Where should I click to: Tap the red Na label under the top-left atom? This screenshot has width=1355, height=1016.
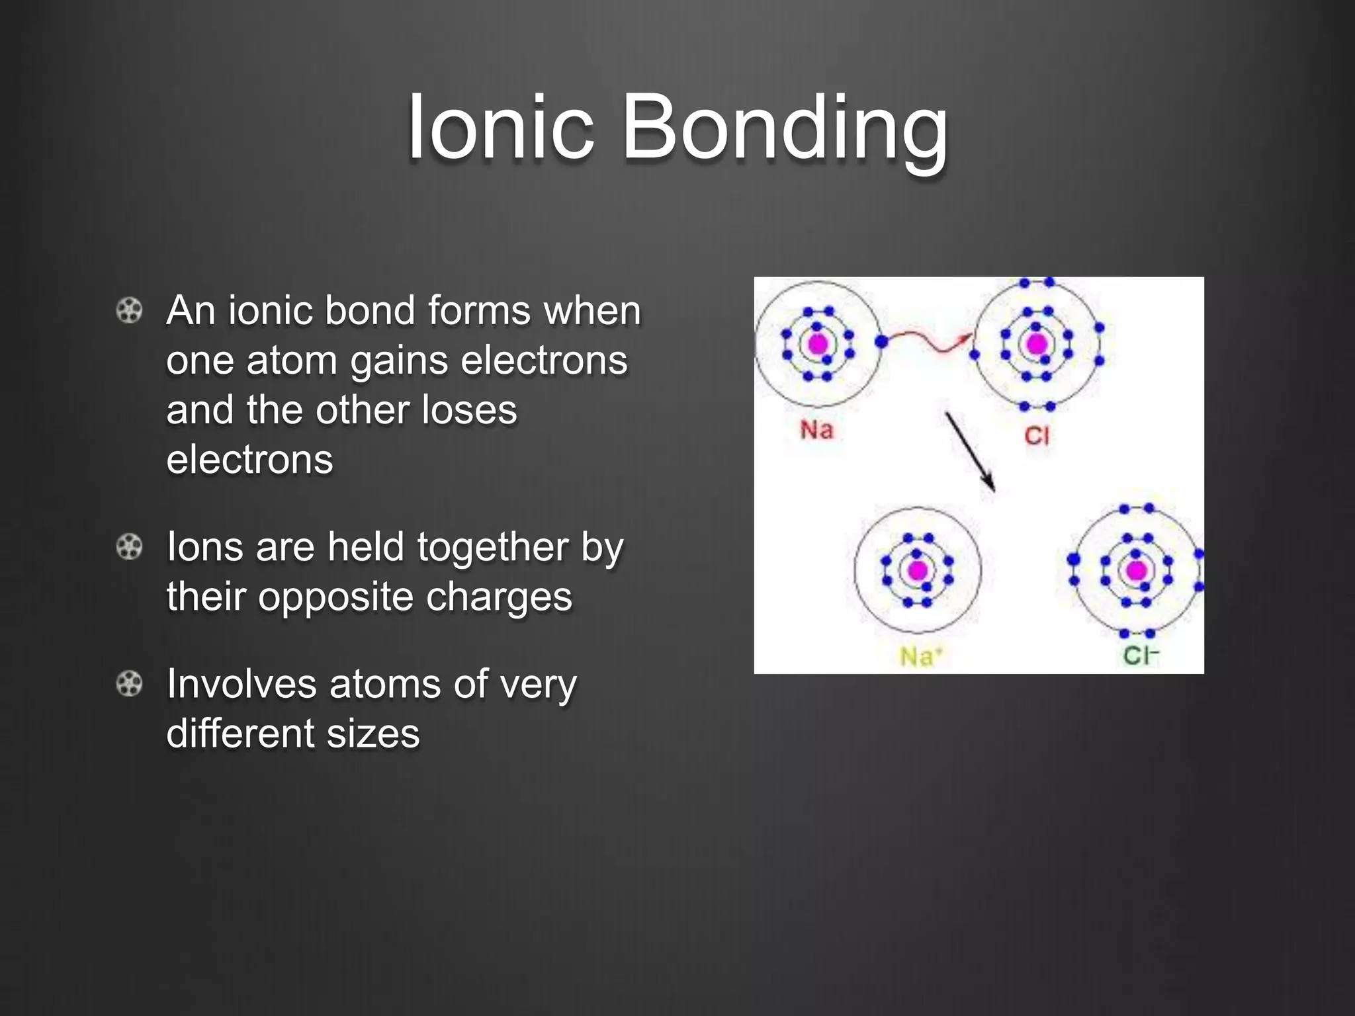[816, 430]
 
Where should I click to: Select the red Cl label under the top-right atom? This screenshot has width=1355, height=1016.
[1037, 435]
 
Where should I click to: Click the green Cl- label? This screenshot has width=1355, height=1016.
[1141, 656]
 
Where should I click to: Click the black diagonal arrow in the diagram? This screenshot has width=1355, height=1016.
[970, 452]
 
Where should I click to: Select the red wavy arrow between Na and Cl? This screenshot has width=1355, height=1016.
[928, 340]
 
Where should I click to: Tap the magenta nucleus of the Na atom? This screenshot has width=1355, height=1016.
[818, 344]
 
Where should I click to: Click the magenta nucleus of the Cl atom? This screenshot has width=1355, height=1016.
[1036, 344]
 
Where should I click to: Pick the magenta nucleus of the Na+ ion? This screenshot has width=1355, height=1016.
[917, 570]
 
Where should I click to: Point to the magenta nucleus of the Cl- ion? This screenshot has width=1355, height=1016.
[1137, 570]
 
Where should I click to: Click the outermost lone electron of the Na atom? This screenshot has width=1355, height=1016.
[881, 342]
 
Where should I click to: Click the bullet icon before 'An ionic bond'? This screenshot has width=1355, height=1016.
[129, 310]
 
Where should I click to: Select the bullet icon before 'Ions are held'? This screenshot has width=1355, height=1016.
[129, 547]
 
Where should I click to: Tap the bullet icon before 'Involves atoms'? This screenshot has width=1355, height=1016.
[129, 684]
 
